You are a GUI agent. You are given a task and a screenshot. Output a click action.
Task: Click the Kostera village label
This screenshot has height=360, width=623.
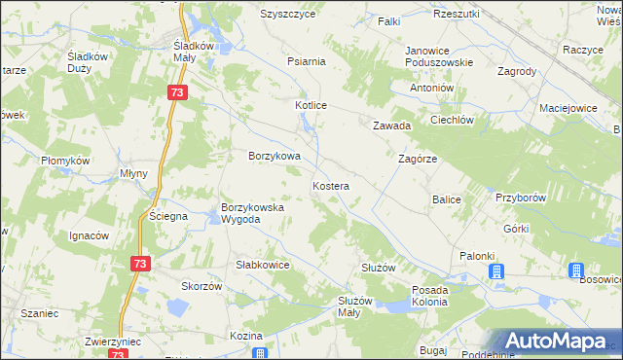click(331, 185)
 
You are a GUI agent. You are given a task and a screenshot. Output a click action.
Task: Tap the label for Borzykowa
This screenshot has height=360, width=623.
click(274, 156)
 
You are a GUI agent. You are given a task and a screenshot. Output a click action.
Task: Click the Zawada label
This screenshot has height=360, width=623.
click(392, 126)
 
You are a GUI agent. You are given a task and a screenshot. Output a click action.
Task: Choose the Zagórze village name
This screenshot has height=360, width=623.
click(418, 158)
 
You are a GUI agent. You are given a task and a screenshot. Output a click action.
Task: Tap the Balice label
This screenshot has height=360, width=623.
click(446, 199)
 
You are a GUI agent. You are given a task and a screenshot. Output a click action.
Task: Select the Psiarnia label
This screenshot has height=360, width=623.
click(306, 61)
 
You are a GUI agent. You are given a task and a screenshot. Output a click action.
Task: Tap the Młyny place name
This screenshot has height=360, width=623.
click(132, 173)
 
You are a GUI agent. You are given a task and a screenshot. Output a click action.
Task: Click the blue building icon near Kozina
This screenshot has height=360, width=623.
click(259, 352)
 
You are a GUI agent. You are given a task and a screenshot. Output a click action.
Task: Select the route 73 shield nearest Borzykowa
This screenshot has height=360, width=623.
click(176, 92)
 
